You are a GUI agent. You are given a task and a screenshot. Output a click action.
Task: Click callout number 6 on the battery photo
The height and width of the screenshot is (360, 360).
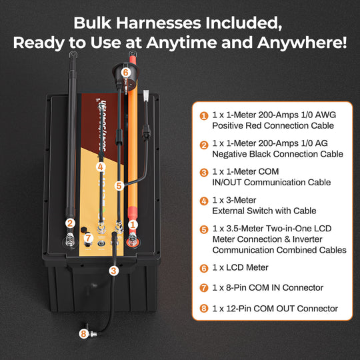tap(125, 72)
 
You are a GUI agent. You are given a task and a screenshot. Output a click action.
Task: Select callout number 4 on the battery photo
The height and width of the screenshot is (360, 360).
tap(101, 167)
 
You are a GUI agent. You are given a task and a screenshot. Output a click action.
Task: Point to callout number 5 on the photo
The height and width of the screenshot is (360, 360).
tap(119, 187)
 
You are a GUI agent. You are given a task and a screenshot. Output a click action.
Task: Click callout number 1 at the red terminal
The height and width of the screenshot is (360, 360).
tap(132, 224)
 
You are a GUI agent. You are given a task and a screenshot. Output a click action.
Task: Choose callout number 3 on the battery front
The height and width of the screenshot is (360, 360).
tap(114, 271)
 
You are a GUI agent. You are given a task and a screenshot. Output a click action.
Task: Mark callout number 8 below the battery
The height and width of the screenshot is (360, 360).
tap(83, 334)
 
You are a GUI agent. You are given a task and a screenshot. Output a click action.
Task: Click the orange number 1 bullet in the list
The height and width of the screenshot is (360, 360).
tap(203, 115)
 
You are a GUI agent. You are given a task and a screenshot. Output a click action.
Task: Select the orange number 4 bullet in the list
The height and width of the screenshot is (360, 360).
tap(203, 201)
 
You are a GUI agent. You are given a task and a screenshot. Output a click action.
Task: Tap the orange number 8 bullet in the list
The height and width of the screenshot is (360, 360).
tap(203, 309)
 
